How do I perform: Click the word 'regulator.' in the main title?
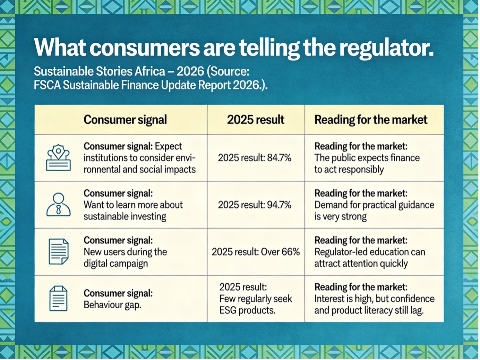click(x=386, y=48)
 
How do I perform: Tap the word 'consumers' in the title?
click(x=145, y=48)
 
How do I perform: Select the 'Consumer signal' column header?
click(x=125, y=120)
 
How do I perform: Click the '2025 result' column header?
click(x=256, y=120)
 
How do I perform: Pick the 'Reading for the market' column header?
click(x=371, y=120)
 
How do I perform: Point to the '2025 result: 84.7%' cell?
click(x=255, y=158)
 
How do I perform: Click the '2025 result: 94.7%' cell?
click(x=255, y=205)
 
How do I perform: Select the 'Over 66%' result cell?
click(x=256, y=252)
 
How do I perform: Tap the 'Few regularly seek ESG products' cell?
click(x=256, y=299)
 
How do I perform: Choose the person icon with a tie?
click(x=59, y=205)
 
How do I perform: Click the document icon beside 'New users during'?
click(x=59, y=251)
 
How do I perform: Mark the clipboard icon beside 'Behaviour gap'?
click(x=59, y=298)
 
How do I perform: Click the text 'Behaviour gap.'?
click(x=112, y=305)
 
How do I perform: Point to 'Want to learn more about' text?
click(x=133, y=205)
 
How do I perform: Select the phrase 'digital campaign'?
click(x=116, y=264)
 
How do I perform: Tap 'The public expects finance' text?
click(x=367, y=158)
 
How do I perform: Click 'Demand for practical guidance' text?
click(x=374, y=205)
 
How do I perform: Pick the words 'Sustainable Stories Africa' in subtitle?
click(x=100, y=71)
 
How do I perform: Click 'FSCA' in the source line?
click(x=47, y=85)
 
